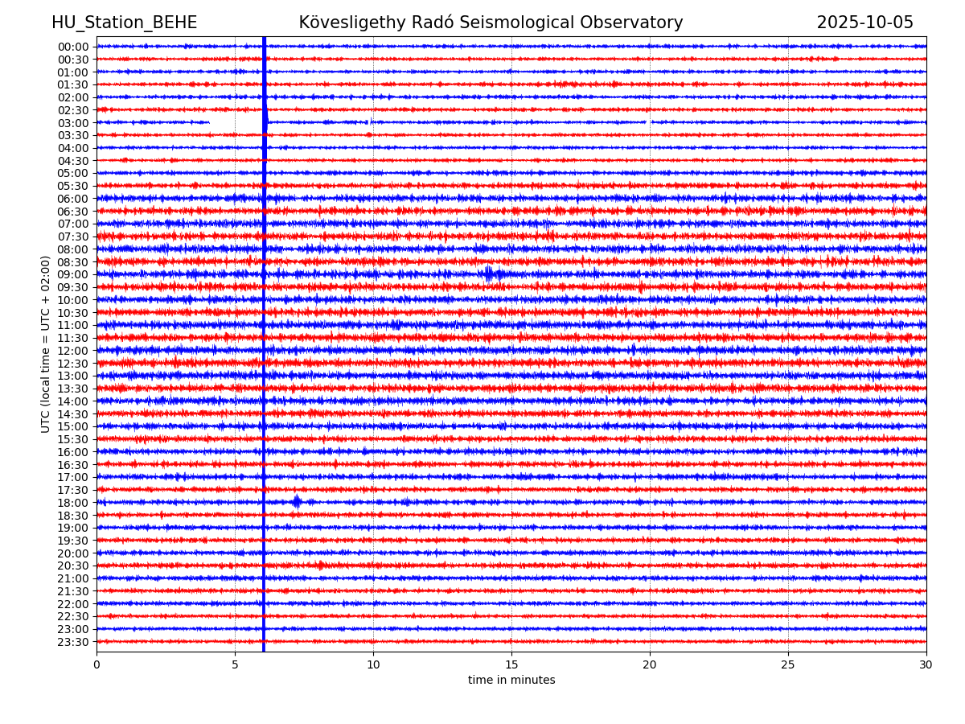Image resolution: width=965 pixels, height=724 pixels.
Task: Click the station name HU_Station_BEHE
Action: point(124,23)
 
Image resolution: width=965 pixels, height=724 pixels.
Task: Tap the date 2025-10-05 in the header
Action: point(864,23)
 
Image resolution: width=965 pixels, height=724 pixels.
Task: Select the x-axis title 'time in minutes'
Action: point(511,681)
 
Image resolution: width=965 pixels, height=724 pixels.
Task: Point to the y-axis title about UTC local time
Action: point(46,344)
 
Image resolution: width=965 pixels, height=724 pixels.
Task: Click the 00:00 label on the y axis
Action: point(72,47)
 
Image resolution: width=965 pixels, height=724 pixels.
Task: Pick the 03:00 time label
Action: point(72,122)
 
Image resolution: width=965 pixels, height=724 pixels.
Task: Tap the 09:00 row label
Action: point(72,274)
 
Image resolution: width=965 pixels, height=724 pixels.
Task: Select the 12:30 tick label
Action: point(72,364)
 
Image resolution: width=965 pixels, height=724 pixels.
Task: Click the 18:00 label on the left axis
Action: point(72,503)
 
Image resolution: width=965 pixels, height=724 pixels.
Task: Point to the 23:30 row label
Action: point(72,642)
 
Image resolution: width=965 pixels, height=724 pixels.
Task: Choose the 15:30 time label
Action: point(72,439)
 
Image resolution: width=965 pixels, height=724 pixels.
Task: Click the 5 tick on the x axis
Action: point(235,664)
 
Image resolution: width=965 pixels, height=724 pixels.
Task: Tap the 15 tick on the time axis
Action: point(511,664)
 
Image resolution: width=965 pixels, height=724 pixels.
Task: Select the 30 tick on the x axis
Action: point(926,664)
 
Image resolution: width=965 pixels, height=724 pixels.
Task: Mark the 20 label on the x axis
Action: point(650,664)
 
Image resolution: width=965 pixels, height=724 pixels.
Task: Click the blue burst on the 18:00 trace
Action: point(297,502)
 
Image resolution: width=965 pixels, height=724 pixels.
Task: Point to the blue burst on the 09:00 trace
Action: point(490,274)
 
